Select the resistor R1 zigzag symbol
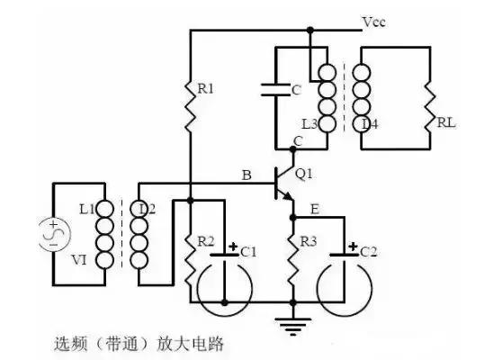(191, 115)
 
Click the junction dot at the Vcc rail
(310, 29)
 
